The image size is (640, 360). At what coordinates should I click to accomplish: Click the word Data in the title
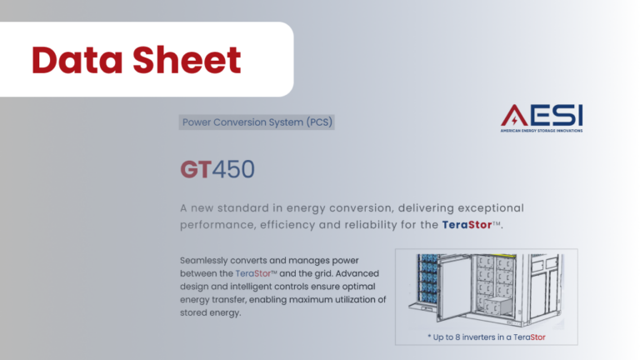(x=77, y=60)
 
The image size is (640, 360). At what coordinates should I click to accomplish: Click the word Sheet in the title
(x=187, y=60)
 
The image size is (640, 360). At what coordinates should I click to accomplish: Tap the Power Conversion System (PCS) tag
(x=257, y=122)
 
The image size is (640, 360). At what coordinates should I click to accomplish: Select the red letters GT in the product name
(x=196, y=169)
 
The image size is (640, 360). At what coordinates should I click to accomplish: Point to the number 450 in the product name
(x=233, y=169)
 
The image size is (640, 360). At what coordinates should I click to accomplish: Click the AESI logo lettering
(x=542, y=115)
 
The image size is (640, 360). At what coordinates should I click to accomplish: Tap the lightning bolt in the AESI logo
(x=514, y=120)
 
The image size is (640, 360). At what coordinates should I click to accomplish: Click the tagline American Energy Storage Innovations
(x=542, y=131)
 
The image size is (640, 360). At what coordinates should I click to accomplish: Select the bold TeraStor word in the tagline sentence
(x=467, y=224)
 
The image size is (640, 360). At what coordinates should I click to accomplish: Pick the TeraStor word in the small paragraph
(x=253, y=273)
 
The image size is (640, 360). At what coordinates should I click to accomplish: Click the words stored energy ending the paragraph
(x=210, y=312)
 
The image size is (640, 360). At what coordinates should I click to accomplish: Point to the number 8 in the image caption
(x=457, y=337)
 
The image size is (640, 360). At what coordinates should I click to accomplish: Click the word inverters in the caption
(x=479, y=337)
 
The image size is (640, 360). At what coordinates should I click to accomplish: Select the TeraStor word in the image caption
(x=529, y=337)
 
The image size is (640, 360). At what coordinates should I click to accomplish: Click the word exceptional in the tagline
(x=491, y=208)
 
